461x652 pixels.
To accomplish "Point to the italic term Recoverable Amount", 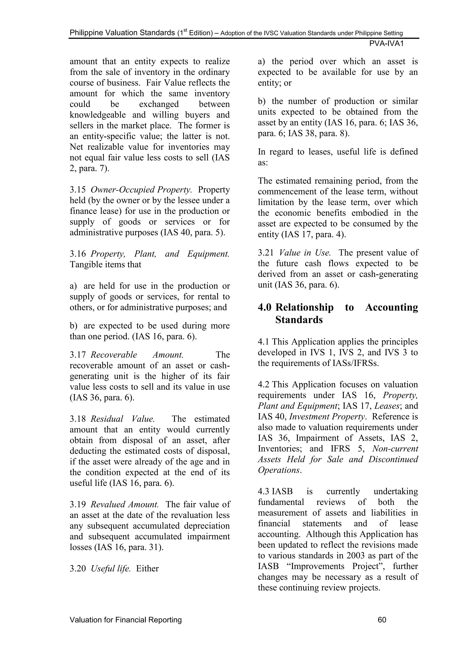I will pos(137,355).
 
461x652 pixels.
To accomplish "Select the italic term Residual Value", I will pos(122,419).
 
